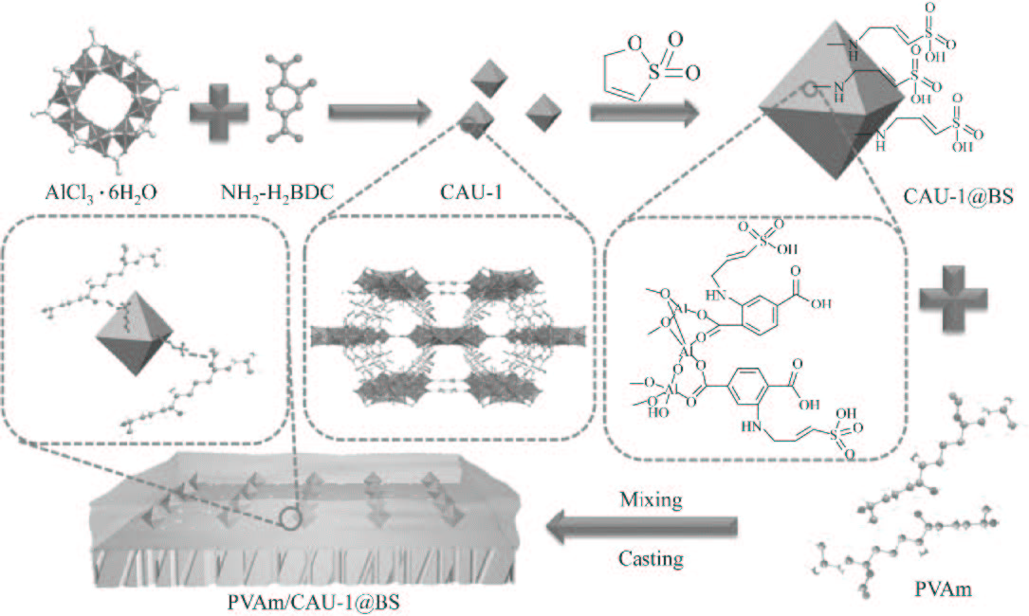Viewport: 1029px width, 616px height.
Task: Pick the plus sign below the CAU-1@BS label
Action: click(950, 299)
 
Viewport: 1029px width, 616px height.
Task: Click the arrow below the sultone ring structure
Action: click(645, 112)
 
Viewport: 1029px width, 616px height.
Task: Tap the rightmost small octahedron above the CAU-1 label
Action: click(543, 111)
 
